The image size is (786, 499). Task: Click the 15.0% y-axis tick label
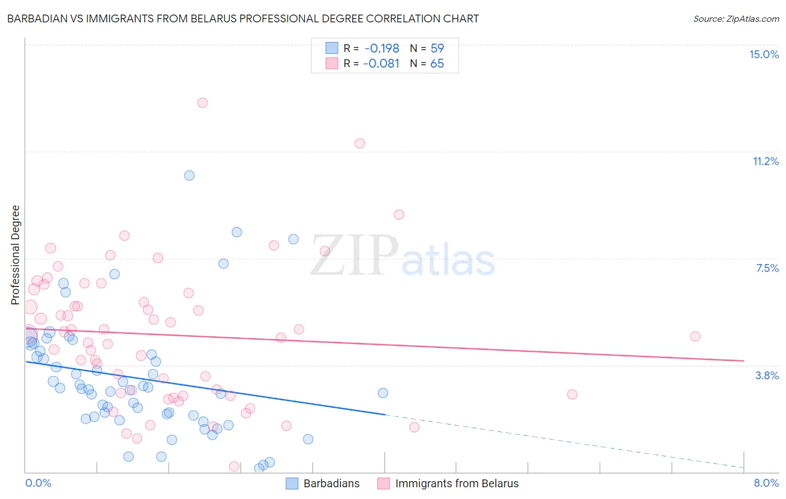(x=764, y=54)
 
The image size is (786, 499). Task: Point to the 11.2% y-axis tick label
(x=765, y=161)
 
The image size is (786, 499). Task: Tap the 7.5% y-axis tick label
(x=767, y=268)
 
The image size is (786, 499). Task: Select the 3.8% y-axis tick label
(x=767, y=375)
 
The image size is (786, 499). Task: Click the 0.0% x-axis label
(x=38, y=483)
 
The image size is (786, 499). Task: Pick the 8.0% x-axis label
(x=766, y=483)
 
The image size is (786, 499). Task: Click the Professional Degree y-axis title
(x=15, y=255)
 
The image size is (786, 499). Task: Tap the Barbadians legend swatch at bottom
(x=292, y=483)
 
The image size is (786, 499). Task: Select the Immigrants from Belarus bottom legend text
(x=457, y=483)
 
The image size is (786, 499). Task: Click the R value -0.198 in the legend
(x=382, y=48)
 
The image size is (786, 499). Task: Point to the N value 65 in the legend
(x=437, y=64)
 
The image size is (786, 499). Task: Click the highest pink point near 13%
(x=202, y=103)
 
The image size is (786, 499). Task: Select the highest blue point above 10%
(x=190, y=176)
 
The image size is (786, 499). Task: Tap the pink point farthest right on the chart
(x=695, y=336)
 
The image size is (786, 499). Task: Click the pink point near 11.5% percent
(x=359, y=143)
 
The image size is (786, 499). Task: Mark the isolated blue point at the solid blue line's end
(x=383, y=393)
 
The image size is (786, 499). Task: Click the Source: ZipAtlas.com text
(x=736, y=18)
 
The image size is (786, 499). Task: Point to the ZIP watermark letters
(x=354, y=256)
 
